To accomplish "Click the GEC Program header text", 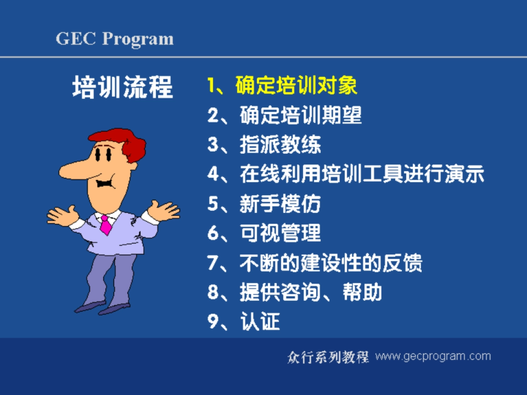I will click(115, 39).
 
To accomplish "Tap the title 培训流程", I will click(123, 87).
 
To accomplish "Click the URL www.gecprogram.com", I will click(433, 356).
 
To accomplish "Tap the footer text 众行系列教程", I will click(328, 356).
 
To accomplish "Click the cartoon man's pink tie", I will click(105, 224).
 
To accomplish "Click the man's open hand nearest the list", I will click(163, 210).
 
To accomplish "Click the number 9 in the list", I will click(213, 322).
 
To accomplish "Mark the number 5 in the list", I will click(213, 204).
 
